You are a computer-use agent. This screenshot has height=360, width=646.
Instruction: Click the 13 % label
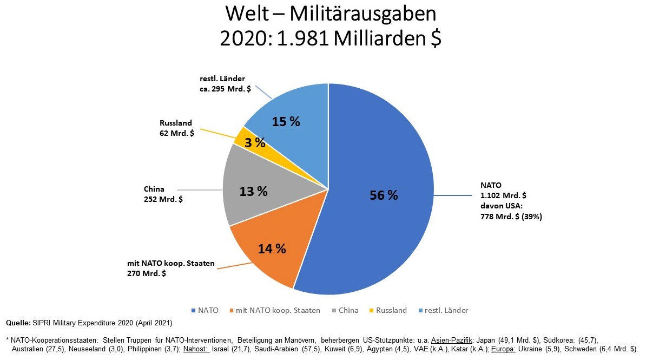coord(254,191)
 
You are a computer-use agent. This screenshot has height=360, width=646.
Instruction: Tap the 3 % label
coord(255,143)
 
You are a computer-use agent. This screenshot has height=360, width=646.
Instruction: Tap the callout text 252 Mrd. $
coord(163,199)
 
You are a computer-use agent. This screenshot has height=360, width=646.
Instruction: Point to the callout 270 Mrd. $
coord(146,274)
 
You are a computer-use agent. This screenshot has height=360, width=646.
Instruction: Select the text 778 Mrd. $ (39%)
coord(511,217)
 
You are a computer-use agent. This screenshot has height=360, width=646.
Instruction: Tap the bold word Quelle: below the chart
coord(18,323)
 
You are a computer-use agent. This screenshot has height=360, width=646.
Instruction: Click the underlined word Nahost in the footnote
coord(196,348)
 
